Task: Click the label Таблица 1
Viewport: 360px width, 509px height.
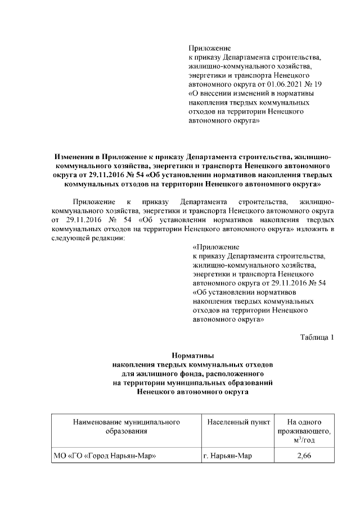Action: point(317,337)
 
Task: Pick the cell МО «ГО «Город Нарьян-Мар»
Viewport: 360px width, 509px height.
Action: point(104,455)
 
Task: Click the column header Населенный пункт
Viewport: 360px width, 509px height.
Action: point(238,421)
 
